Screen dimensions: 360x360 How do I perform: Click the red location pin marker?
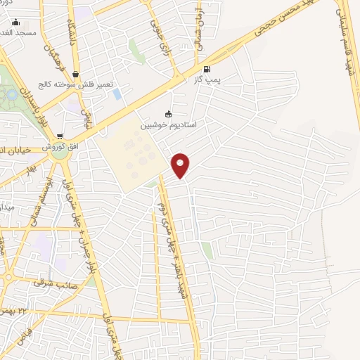[181, 165]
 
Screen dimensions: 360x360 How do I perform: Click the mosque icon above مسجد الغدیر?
[16, 22]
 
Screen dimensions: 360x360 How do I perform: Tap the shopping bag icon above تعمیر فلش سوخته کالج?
[75, 74]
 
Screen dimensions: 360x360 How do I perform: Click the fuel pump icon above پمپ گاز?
[206, 69]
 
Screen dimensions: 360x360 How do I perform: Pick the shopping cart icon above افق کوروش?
[60, 136]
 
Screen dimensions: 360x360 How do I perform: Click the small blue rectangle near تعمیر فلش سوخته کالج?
[117, 94]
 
